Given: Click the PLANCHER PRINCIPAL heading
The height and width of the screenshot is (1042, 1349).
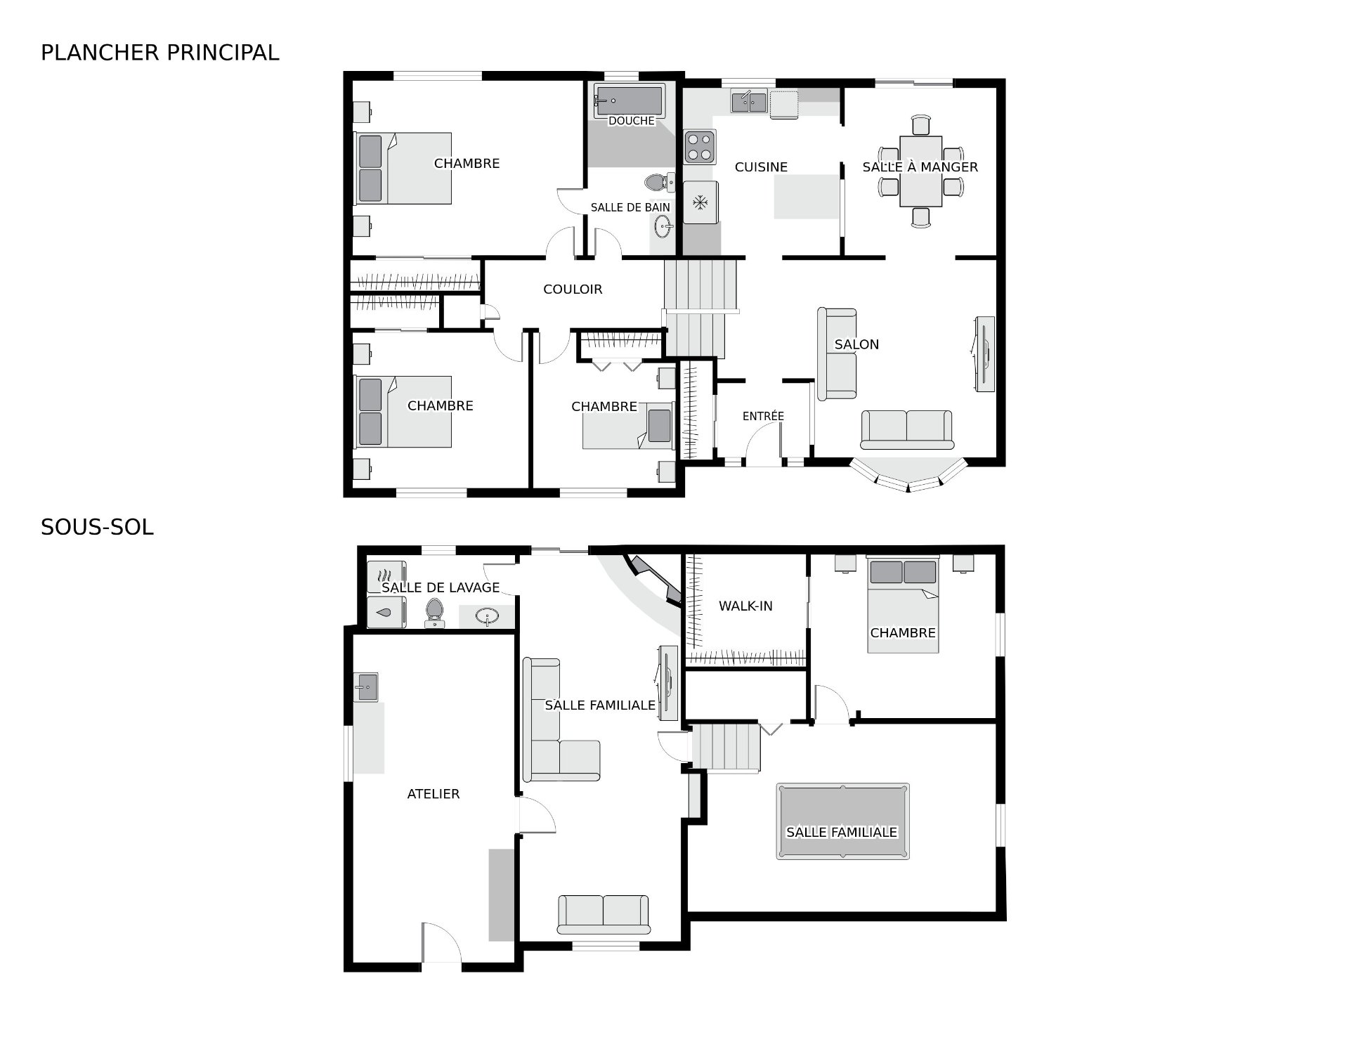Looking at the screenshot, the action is [160, 53].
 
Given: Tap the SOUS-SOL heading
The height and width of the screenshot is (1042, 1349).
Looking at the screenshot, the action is [97, 527].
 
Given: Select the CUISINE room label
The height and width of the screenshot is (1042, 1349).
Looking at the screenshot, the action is [761, 167].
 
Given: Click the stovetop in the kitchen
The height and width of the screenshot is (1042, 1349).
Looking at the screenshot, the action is [699, 148].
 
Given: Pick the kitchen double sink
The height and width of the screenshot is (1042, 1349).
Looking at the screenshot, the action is [749, 103].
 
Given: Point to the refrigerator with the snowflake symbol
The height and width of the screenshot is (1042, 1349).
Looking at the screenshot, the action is [700, 202].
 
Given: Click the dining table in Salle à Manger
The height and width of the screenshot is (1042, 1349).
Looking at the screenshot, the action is [920, 171].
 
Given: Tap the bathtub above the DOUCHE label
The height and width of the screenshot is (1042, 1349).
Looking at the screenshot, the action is [629, 100].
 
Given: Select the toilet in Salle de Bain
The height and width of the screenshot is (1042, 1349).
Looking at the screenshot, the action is [659, 183].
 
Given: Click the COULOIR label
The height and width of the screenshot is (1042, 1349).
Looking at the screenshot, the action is [573, 289].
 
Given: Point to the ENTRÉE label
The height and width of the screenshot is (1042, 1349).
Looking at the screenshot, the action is [763, 416].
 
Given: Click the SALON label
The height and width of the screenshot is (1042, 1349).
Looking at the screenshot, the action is [856, 344].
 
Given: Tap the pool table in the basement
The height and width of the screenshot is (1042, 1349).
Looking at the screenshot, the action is [842, 821].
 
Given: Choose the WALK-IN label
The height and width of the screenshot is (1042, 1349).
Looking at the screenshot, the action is [745, 606].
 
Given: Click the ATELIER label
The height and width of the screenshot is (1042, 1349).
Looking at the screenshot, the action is [434, 794].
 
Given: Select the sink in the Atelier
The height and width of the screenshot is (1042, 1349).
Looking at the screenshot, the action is [365, 686].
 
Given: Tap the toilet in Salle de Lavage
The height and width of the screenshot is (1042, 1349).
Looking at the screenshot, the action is [434, 613].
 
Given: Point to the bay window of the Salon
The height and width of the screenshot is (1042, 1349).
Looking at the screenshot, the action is [908, 474].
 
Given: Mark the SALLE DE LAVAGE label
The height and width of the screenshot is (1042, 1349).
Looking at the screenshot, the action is [441, 587].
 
